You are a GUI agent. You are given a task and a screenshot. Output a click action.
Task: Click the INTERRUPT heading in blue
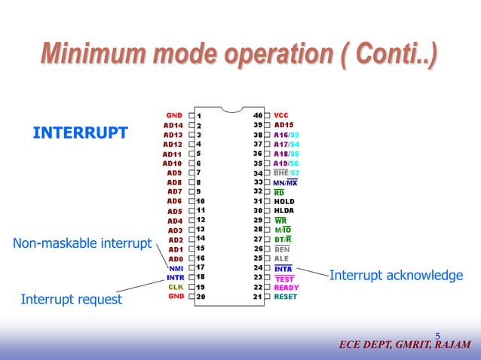point(80,133)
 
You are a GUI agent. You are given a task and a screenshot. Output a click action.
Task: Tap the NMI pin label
point(176,267)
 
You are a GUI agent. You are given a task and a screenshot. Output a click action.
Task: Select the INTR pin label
point(174,277)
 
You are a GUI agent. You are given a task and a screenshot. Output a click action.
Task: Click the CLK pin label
point(176,287)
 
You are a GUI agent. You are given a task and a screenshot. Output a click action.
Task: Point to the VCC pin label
point(281,115)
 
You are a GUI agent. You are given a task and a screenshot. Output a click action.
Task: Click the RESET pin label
point(286,297)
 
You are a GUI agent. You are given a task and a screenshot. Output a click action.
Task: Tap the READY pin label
point(286,287)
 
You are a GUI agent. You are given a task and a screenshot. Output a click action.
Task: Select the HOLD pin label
point(284,202)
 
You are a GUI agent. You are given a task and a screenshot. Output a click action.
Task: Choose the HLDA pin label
point(284,211)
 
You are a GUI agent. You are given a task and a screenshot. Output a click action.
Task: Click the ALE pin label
point(281,258)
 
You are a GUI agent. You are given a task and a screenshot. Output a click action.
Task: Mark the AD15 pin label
point(284,125)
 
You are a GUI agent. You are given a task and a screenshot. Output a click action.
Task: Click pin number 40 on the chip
point(257,115)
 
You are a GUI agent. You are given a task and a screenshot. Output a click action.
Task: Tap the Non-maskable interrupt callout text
point(82,243)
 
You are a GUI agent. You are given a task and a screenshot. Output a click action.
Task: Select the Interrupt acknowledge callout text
point(396,276)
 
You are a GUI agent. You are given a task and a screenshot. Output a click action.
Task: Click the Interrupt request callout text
point(71,299)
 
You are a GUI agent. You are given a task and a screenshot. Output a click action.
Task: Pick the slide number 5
point(437,335)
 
